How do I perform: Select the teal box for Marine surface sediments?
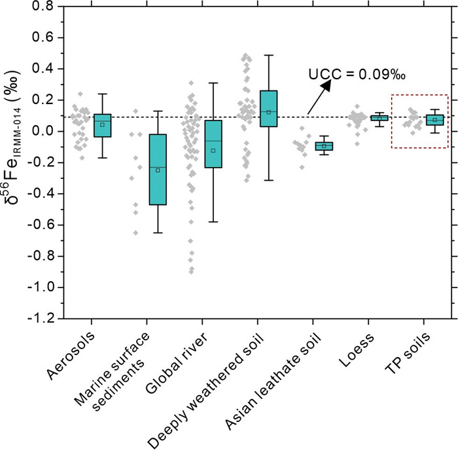(x=158, y=169)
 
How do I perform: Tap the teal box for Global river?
(x=213, y=143)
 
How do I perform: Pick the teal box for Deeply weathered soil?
(x=268, y=108)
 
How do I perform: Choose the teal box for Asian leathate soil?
(x=324, y=145)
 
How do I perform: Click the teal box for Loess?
(x=379, y=118)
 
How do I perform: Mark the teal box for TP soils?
(x=434, y=120)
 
